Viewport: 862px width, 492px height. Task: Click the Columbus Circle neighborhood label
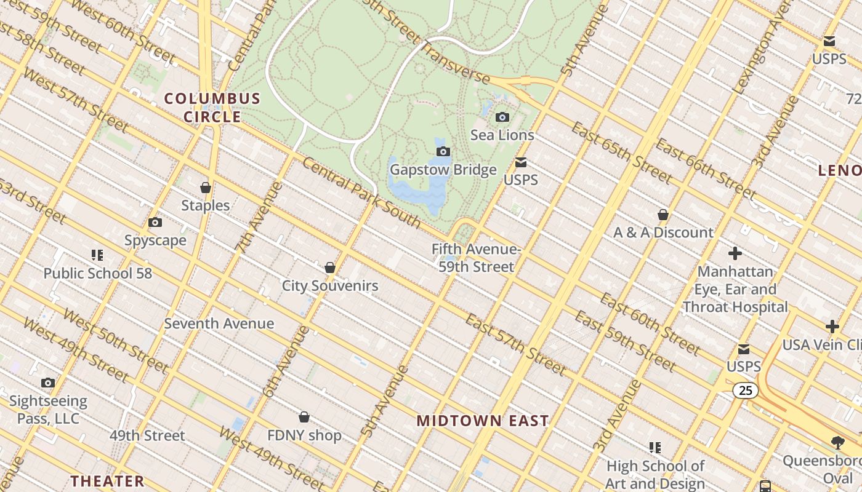pyautogui.click(x=212, y=108)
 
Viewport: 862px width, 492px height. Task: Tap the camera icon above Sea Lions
pyautogui.click(x=502, y=117)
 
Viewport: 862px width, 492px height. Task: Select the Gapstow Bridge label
pyautogui.click(x=443, y=170)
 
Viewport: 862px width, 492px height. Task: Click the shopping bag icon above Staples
pyautogui.click(x=206, y=188)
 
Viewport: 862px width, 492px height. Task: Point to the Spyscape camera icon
pyautogui.click(x=155, y=223)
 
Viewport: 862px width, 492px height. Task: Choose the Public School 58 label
pyautogui.click(x=97, y=273)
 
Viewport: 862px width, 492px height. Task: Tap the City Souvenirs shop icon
pyautogui.click(x=330, y=268)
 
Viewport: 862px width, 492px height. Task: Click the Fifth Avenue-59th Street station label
pyautogui.click(x=476, y=258)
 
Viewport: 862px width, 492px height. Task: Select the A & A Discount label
pyautogui.click(x=663, y=232)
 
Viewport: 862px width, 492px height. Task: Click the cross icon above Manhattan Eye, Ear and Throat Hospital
pyautogui.click(x=735, y=253)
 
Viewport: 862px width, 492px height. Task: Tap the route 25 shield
pyautogui.click(x=746, y=390)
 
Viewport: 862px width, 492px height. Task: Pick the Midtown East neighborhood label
pyautogui.click(x=483, y=421)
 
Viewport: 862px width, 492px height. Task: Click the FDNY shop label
pyautogui.click(x=304, y=435)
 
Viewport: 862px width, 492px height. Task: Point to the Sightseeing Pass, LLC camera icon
pyautogui.click(x=48, y=383)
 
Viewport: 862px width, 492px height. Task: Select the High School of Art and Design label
pyautogui.click(x=655, y=475)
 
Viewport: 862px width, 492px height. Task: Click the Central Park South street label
pyautogui.click(x=361, y=192)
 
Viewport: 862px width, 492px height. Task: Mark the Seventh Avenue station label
pyautogui.click(x=219, y=323)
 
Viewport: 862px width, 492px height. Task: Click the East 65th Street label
pyautogui.click(x=622, y=152)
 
